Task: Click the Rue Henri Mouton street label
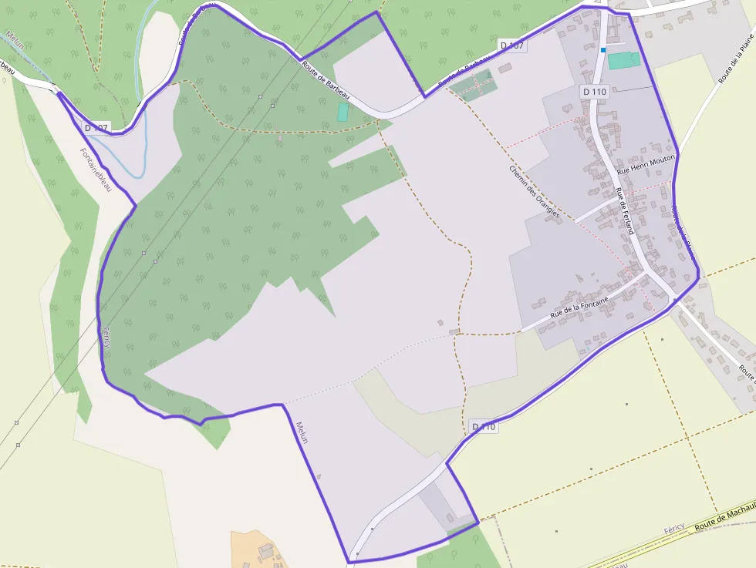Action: (x=646, y=163)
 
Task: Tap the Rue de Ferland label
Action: (x=625, y=210)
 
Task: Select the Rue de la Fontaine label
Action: (x=579, y=308)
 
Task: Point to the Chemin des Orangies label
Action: (x=534, y=191)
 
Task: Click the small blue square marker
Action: (x=603, y=50)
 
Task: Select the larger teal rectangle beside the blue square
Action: (x=623, y=60)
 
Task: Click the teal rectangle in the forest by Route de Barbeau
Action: (x=343, y=112)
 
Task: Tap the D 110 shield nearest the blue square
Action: (x=595, y=91)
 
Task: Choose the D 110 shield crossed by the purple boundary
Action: (x=484, y=426)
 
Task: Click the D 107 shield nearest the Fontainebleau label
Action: (x=96, y=127)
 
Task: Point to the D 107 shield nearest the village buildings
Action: (x=512, y=45)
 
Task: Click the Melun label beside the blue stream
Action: (x=16, y=39)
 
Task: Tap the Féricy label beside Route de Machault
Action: (x=674, y=531)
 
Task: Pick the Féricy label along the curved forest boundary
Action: (x=106, y=337)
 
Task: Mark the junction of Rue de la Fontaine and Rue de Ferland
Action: (x=646, y=271)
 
